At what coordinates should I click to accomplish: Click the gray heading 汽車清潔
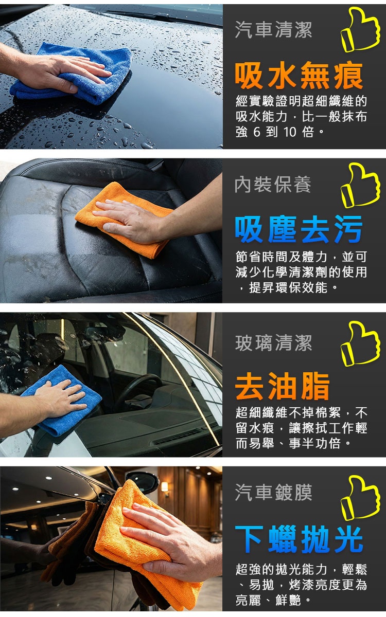pyautogui.click(x=273, y=30)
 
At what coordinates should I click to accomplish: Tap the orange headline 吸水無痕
pyautogui.click(x=299, y=76)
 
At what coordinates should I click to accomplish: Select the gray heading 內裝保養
pyautogui.click(x=273, y=184)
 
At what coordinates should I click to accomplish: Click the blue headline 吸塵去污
pyautogui.click(x=299, y=229)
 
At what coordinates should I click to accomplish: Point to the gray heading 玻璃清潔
pyautogui.click(x=273, y=343)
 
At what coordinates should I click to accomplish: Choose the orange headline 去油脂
pyautogui.click(x=283, y=386)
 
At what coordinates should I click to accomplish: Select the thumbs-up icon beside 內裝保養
pyautogui.click(x=360, y=185)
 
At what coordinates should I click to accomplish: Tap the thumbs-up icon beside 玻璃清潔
pyautogui.click(x=360, y=343)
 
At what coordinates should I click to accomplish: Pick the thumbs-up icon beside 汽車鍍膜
pyautogui.click(x=360, y=498)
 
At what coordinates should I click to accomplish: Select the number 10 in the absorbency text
pyautogui.click(x=289, y=132)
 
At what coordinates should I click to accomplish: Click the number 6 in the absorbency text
pyautogui.click(x=257, y=132)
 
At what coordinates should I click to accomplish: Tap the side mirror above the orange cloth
pyautogui.click(x=143, y=483)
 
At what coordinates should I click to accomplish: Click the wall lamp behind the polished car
pyautogui.click(x=164, y=487)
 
